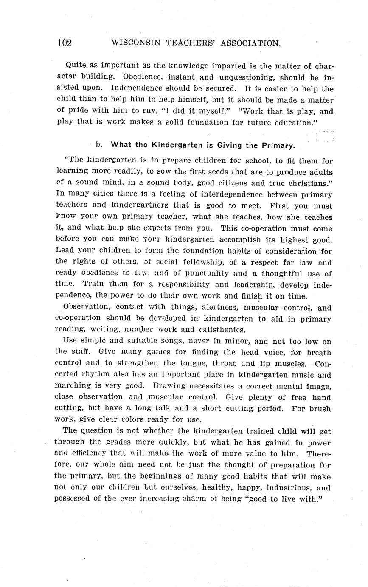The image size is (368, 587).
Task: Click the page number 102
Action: click(x=65, y=43)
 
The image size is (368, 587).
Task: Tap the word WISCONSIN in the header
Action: click(x=133, y=43)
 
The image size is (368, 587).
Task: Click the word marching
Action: click(x=73, y=386)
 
